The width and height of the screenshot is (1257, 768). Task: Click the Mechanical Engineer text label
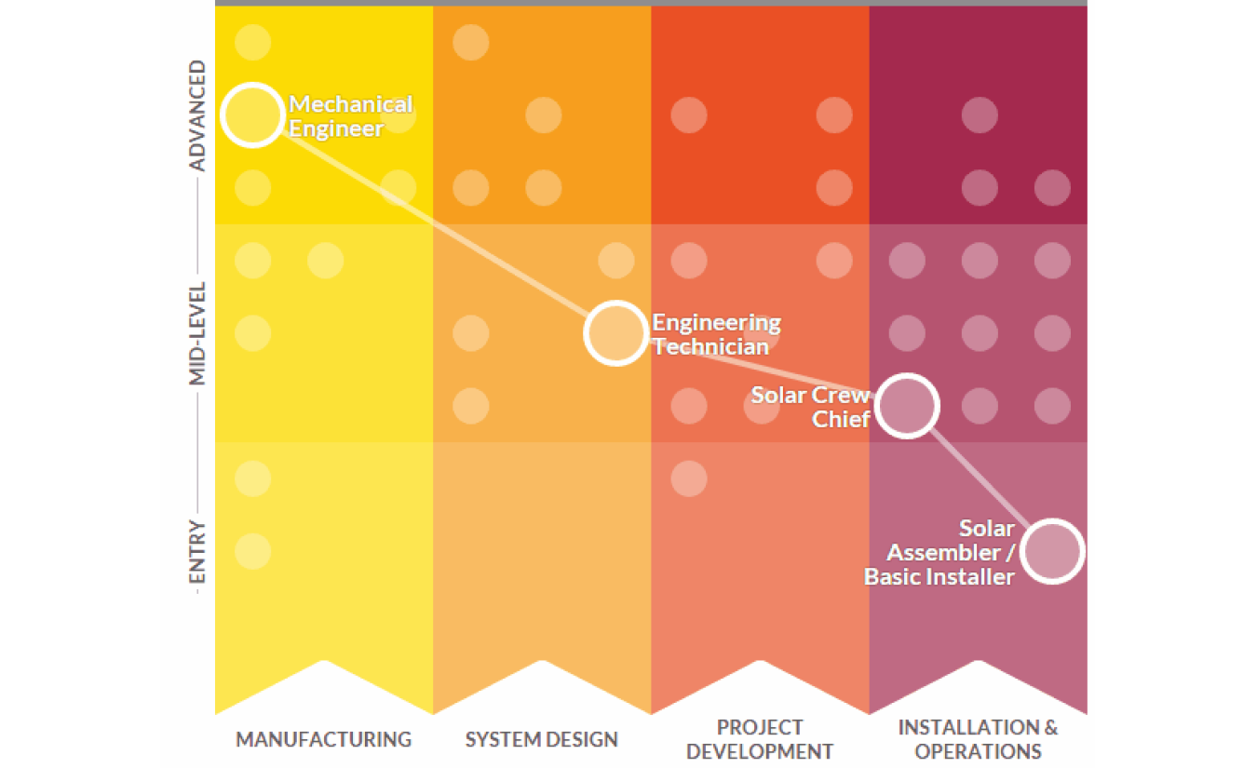click(351, 116)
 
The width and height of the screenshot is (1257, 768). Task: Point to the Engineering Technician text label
click(716, 335)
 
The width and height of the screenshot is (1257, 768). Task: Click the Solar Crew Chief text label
click(810, 407)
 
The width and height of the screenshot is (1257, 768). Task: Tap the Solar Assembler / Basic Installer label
click(939, 553)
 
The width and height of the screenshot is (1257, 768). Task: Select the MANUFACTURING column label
click(324, 739)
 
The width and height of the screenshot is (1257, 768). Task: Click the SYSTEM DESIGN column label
click(542, 739)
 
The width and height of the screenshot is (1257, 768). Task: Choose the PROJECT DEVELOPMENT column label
click(760, 739)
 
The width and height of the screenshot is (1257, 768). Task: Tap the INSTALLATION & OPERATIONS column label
click(978, 739)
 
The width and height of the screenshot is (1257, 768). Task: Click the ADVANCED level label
click(197, 115)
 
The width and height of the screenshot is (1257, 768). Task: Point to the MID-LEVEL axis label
click(197, 333)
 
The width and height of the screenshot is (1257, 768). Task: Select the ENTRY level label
click(197, 552)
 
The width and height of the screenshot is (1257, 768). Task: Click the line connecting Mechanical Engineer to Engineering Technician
click(434, 224)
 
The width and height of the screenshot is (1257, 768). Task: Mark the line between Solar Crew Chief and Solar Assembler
click(980, 478)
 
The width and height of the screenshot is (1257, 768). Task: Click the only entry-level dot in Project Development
click(688, 478)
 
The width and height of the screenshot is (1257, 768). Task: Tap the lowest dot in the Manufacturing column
click(252, 551)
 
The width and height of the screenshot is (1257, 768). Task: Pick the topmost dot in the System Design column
click(471, 42)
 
